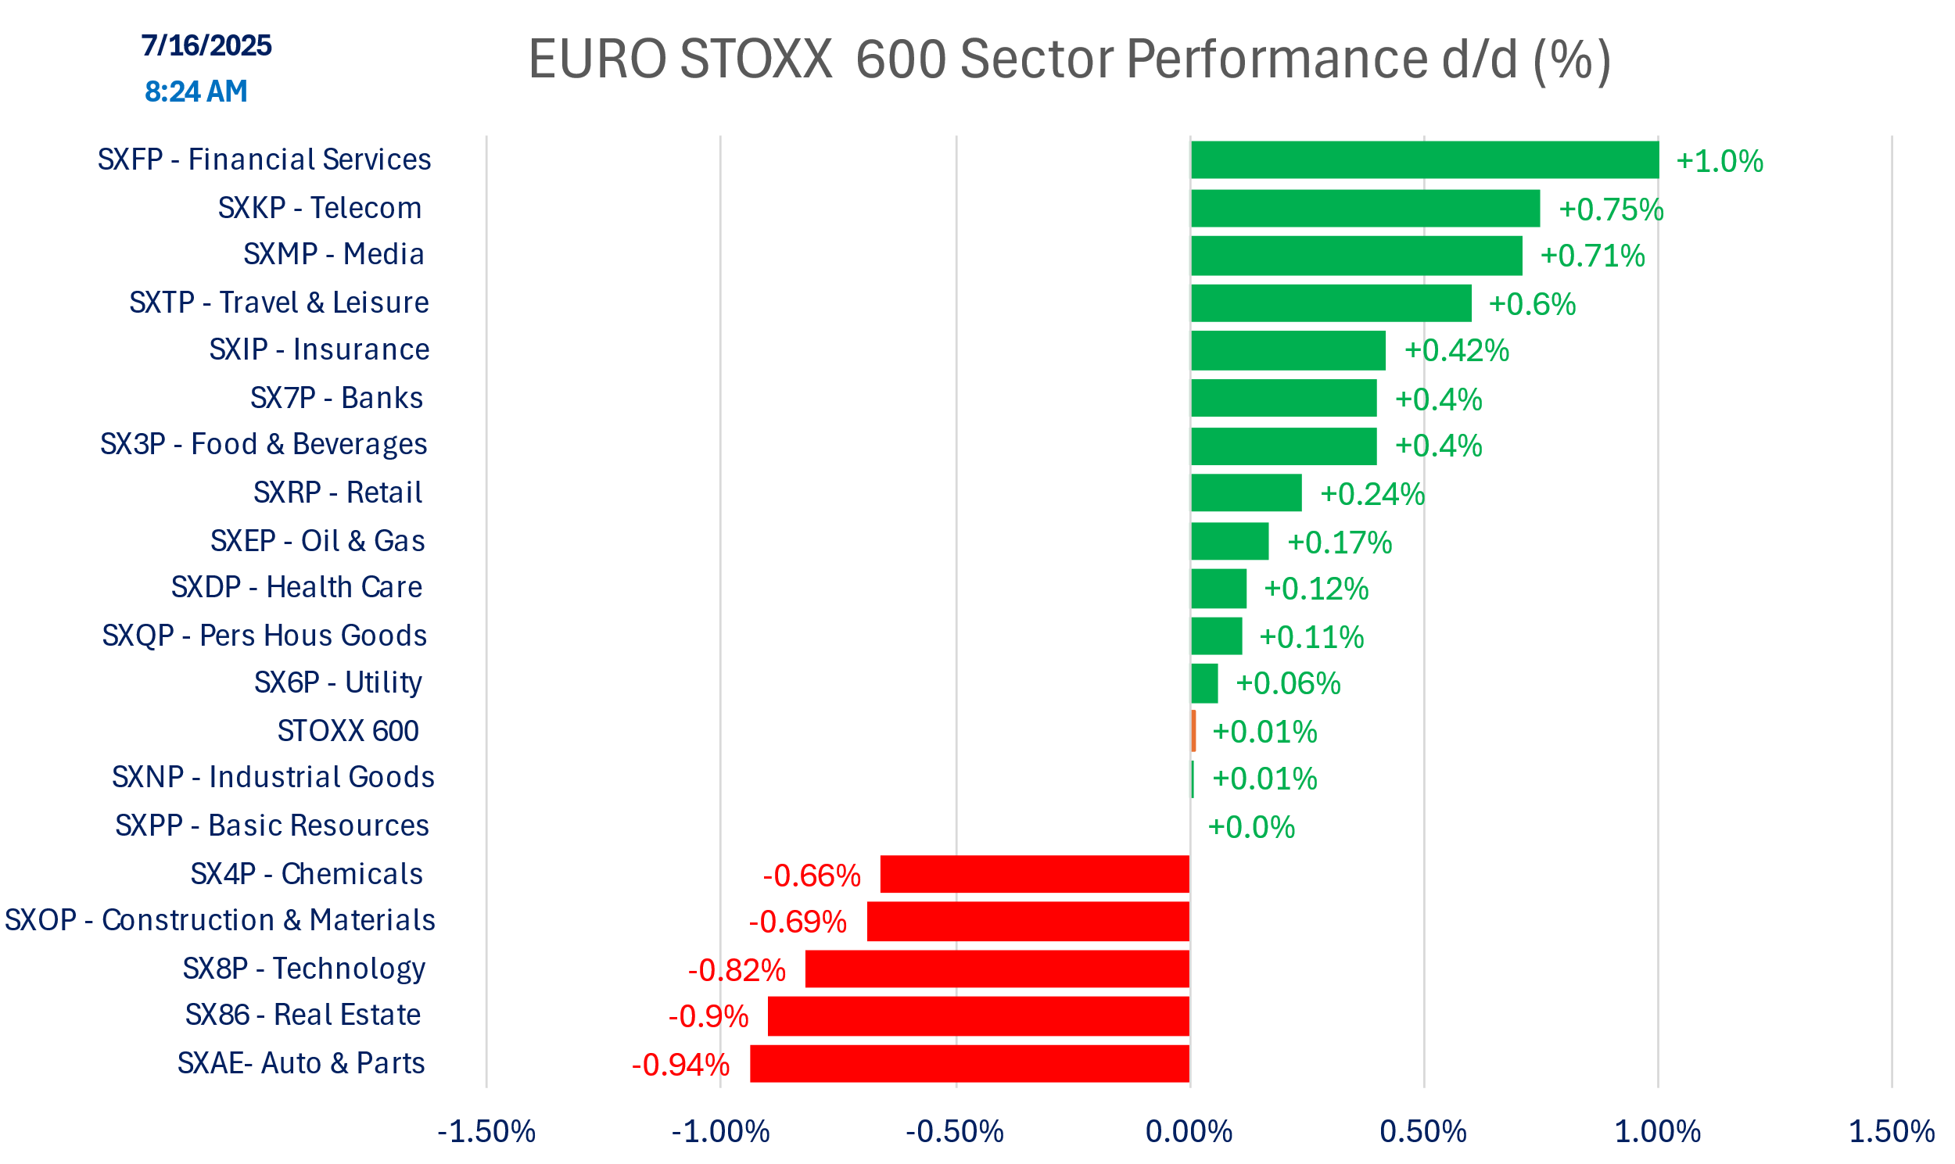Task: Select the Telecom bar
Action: click(1365, 208)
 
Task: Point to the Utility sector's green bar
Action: click(1204, 683)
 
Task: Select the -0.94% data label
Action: click(680, 1065)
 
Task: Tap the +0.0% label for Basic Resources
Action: click(1250, 827)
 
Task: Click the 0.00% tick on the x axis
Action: click(1189, 1131)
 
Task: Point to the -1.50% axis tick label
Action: click(486, 1131)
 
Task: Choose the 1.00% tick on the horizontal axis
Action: click(1657, 1131)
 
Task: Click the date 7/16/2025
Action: click(206, 45)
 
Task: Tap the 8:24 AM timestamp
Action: click(196, 91)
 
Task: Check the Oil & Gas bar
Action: click(1229, 540)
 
